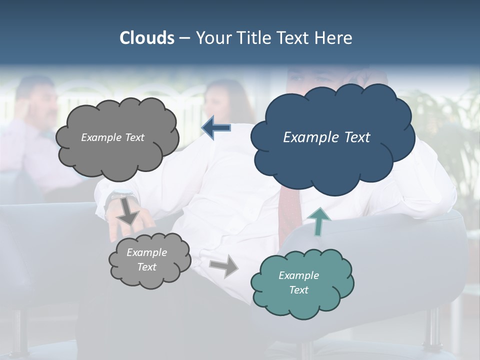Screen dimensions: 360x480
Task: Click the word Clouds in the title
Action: [x=146, y=38]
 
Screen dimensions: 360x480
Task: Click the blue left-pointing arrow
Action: [x=216, y=128]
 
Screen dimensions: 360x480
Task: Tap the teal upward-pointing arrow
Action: [x=318, y=221]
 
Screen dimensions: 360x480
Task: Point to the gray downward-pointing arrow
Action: [x=128, y=210]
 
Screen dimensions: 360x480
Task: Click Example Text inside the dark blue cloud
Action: [x=326, y=137]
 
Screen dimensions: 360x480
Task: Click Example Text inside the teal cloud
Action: [x=298, y=282]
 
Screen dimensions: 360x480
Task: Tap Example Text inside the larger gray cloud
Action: [x=112, y=137]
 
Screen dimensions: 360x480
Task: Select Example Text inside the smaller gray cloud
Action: [x=146, y=259]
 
